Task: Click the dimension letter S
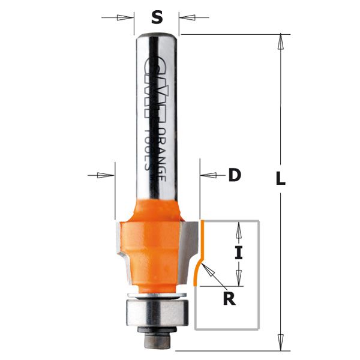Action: tap(157, 17)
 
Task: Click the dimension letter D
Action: tap(234, 175)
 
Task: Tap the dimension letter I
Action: tap(239, 253)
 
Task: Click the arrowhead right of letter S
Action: tap(182, 17)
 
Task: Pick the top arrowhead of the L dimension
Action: tap(280, 41)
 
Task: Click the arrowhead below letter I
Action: tap(239, 279)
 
